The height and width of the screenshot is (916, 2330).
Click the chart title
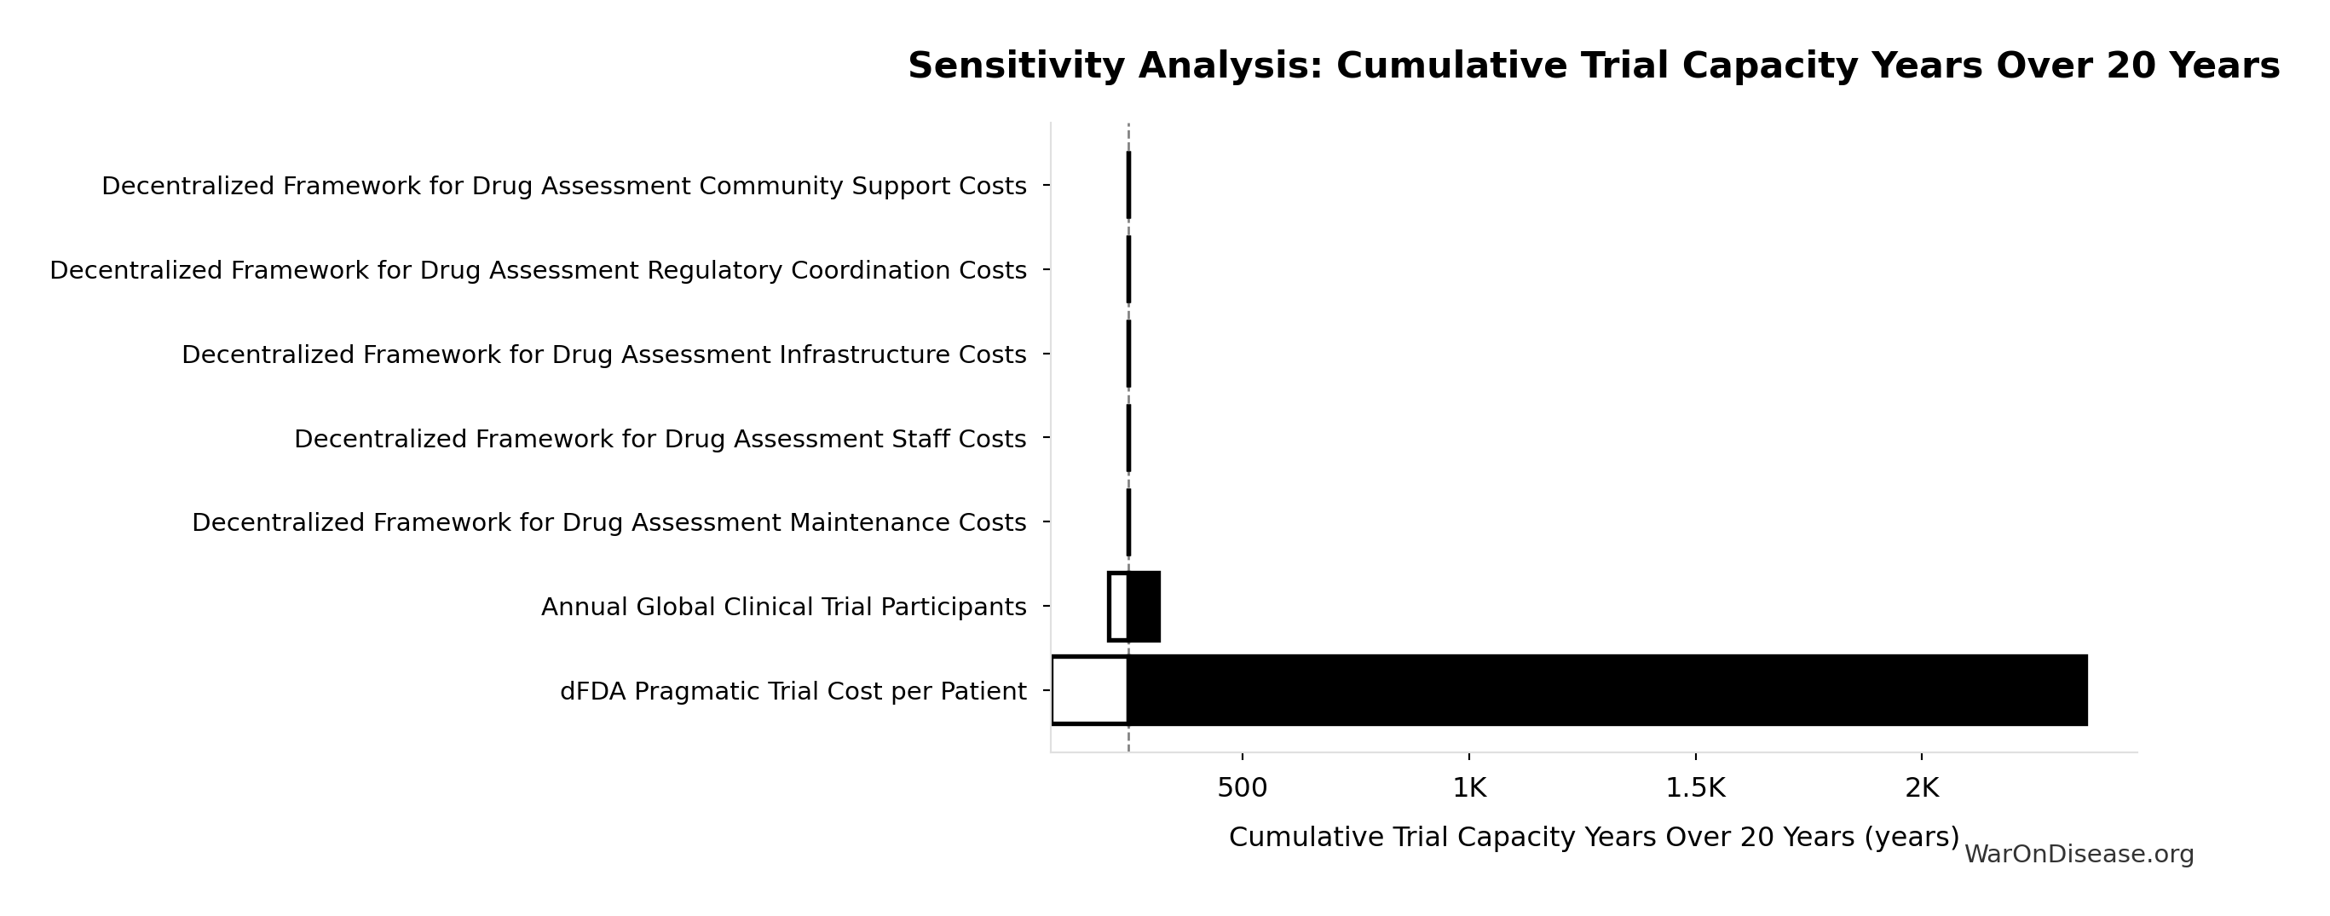click(x=1594, y=66)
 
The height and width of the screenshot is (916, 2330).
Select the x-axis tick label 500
click(x=1242, y=788)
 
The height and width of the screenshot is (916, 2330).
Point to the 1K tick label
click(x=1469, y=788)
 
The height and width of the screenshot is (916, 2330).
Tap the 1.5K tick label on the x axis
click(x=1695, y=788)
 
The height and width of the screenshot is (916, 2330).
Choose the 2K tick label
click(x=1921, y=788)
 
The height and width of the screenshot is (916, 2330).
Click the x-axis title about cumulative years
click(x=1594, y=838)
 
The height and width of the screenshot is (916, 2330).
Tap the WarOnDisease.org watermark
click(x=2079, y=855)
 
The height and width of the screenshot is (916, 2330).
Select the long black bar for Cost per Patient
click(x=1606, y=690)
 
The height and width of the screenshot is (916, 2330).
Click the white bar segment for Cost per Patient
click(x=1090, y=690)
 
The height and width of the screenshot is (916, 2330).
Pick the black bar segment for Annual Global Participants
click(x=1145, y=606)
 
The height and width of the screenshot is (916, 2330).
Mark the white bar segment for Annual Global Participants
click(x=1118, y=606)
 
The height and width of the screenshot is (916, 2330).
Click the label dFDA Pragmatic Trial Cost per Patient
click(x=793, y=692)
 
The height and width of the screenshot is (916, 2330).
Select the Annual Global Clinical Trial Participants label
click(x=783, y=607)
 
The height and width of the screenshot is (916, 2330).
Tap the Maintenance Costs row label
click(x=608, y=522)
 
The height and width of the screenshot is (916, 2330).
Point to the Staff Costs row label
click(x=660, y=439)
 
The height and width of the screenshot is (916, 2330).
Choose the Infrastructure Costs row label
click(x=604, y=354)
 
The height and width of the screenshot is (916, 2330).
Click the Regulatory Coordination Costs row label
click(x=538, y=270)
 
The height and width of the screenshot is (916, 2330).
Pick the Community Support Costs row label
click(x=563, y=187)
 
